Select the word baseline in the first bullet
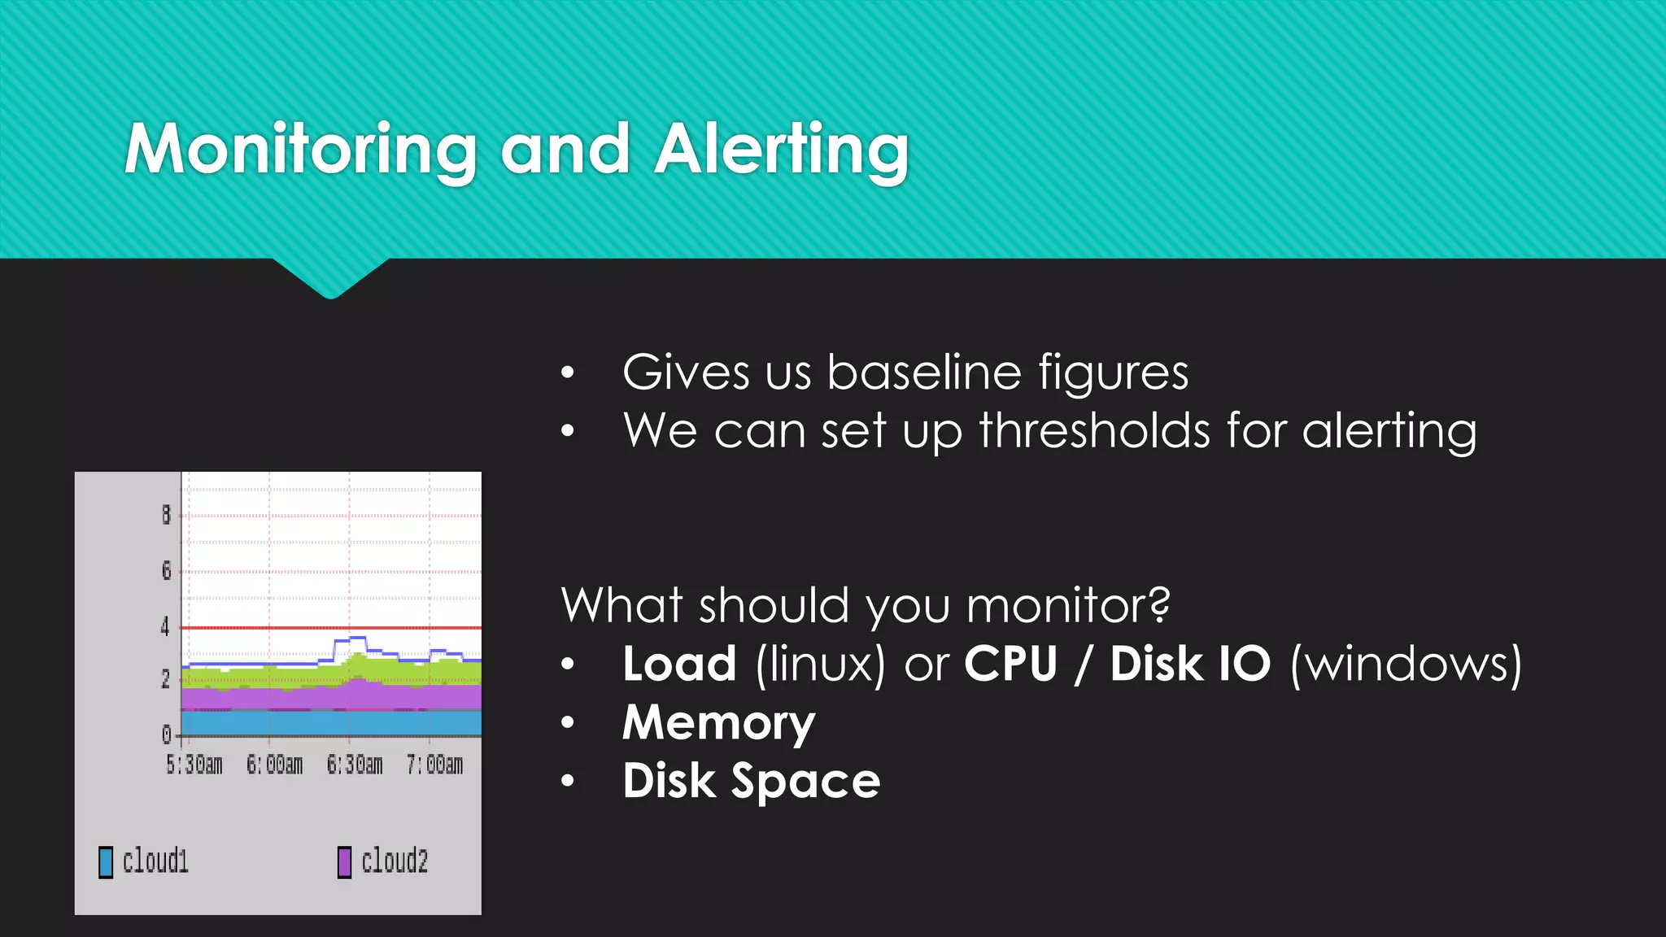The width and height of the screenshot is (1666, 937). pyautogui.click(x=924, y=373)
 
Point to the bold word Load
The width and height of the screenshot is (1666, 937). pyautogui.click(x=679, y=664)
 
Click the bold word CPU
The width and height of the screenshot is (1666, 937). pyautogui.click(x=1010, y=664)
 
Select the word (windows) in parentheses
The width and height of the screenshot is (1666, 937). pyautogui.click(x=1406, y=664)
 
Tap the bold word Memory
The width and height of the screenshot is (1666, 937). pyautogui.click(x=718, y=722)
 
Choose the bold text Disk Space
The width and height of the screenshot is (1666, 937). pyautogui.click(x=751, y=781)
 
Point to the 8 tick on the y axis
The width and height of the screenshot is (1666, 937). pyautogui.click(x=166, y=515)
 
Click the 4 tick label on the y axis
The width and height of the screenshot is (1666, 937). pyautogui.click(x=166, y=626)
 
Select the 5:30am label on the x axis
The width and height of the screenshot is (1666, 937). pyautogui.click(x=194, y=765)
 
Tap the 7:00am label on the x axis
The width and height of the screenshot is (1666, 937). pyautogui.click(x=435, y=765)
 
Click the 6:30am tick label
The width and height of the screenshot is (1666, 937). pyautogui.click(x=355, y=765)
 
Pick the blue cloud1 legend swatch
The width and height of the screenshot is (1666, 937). pyautogui.click(x=106, y=862)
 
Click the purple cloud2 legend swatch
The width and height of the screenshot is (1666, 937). pyautogui.click(x=345, y=862)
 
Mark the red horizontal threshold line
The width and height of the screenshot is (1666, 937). pyautogui.click(x=325, y=628)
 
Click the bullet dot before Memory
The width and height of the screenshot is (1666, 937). pyautogui.click(x=568, y=722)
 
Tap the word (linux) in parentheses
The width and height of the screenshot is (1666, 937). pyautogui.click(x=820, y=664)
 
